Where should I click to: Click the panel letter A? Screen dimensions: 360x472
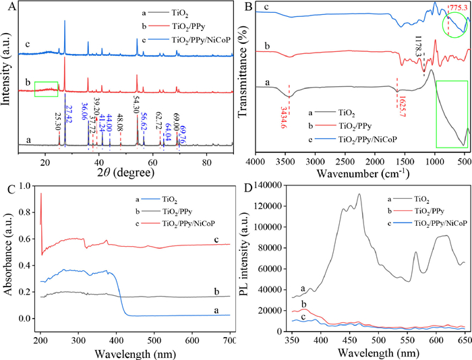(7, 6)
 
